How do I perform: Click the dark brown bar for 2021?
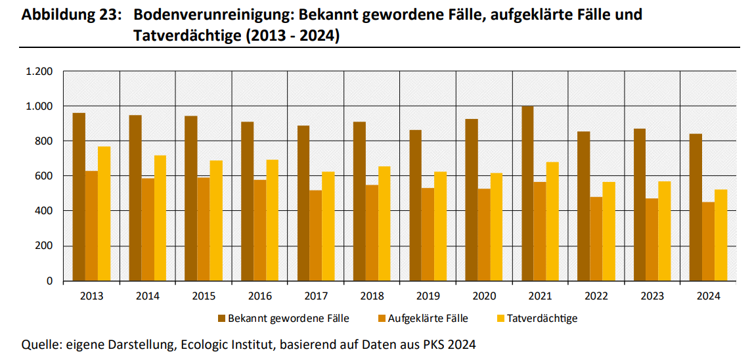click(x=527, y=194)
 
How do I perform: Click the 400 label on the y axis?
click(x=43, y=211)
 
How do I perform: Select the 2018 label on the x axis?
click(x=372, y=296)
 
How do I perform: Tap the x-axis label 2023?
click(x=652, y=296)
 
